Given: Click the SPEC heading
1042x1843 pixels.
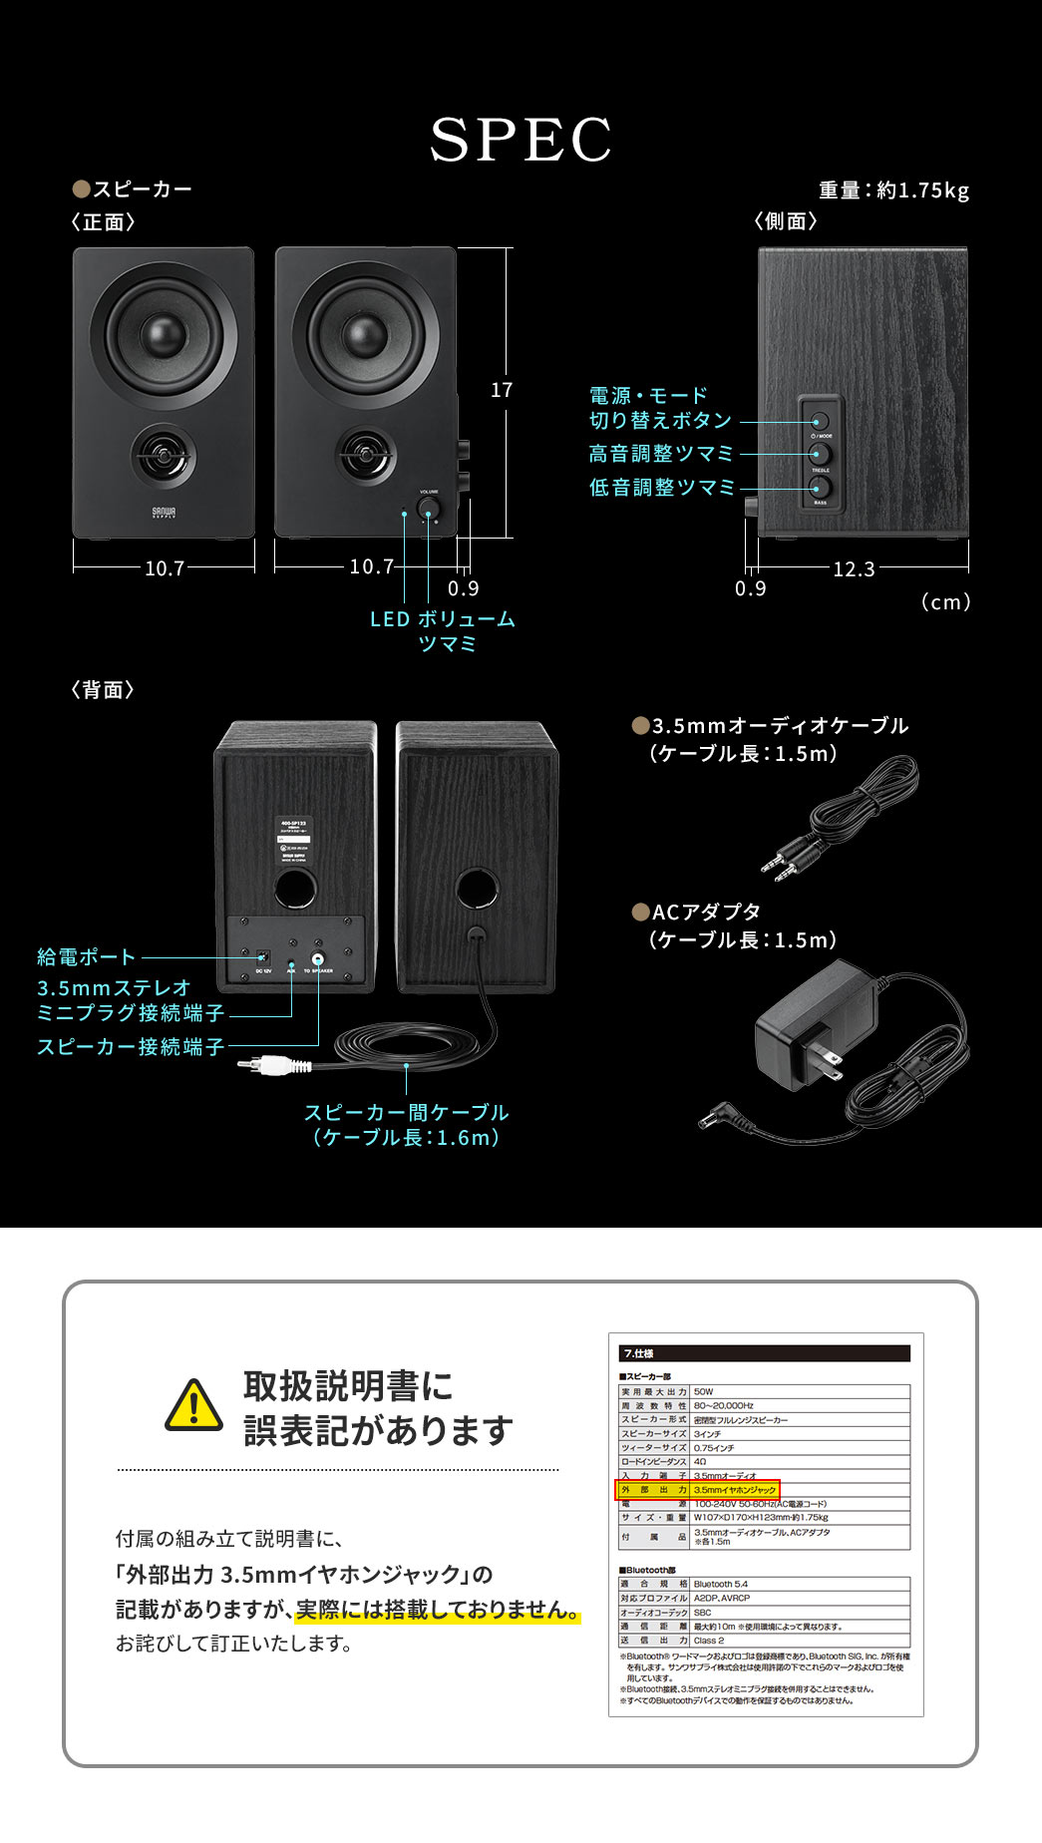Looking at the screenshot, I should click(x=521, y=140).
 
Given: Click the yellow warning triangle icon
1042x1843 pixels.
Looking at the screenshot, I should click(x=193, y=1406).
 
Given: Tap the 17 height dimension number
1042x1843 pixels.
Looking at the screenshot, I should click(x=502, y=390).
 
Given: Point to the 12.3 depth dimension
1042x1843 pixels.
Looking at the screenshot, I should click(x=854, y=569).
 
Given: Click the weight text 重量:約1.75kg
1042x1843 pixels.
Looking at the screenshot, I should click(x=893, y=190).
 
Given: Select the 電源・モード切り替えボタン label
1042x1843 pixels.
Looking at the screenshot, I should click(x=660, y=408).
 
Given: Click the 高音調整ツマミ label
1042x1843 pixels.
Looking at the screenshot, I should click(x=660, y=454).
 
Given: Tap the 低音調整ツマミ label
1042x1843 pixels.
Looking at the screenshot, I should click(x=661, y=488).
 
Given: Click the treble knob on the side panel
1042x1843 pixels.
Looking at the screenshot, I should click(x=820, y=455).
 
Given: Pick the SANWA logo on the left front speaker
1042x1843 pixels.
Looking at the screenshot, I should click(x=164, y=513).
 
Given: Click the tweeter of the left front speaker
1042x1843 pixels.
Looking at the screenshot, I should click(x=163, y=457).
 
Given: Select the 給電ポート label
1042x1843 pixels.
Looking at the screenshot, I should click(x=86, y=957).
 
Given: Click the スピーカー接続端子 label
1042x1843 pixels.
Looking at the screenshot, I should click(x=130, y=1047).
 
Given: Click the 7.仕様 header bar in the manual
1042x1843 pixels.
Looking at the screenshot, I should click(x=764, y=1353).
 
